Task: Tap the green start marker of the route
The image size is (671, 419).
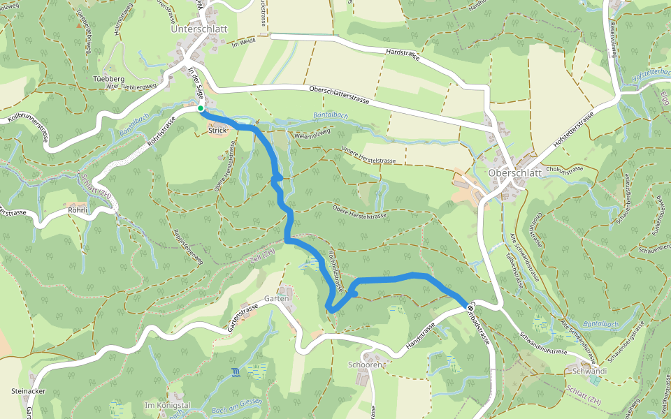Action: click(x=201, y=108)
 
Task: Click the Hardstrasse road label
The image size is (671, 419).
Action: click(x=402, y=54)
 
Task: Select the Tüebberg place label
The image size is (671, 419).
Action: click(x=108, y=80)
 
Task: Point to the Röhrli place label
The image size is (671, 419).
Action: click(x=78, y=209)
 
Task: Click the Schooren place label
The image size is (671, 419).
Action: click(x=364, y=365)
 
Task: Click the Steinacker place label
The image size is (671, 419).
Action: click(x=29, y=391)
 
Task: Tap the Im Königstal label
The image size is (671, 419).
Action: click(x=167, y=405)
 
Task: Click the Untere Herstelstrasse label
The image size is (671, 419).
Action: click(x=369, y=155)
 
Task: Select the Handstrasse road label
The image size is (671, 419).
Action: click(x=421, y=336)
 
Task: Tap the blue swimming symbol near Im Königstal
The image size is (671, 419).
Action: click(x=236, y=372)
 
